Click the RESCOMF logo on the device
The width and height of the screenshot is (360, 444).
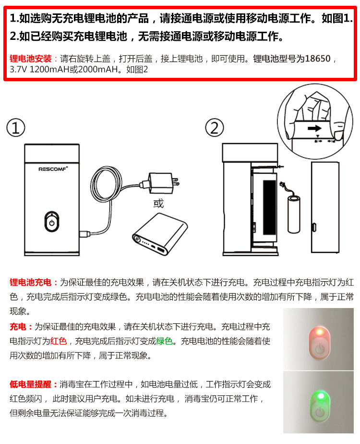53,169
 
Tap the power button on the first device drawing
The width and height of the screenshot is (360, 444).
52,222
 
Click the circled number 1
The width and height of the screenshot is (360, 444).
16,128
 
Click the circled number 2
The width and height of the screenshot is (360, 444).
215,128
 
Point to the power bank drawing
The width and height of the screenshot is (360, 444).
160,234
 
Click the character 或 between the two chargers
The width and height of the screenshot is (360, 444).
159,203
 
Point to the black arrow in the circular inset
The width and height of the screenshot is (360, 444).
314,129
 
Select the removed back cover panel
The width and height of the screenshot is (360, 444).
325,207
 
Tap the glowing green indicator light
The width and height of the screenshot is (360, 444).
321,395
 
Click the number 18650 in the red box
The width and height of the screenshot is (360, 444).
318,59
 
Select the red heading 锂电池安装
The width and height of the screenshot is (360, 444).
31,59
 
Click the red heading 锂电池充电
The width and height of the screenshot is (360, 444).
31,283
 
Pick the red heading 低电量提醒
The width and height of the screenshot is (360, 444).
31,384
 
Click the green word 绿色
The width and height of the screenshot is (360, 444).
164,341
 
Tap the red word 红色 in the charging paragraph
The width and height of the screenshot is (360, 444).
58,341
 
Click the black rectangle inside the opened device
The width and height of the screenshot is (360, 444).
269,208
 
